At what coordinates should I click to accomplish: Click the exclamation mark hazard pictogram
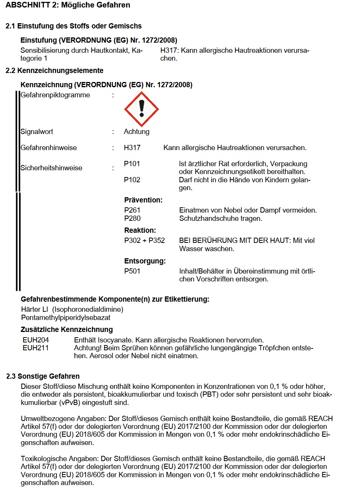[x=141, y=109]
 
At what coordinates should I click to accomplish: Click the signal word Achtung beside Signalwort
[x=137, y=132]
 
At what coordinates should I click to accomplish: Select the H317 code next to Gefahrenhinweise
[x=132, y=148]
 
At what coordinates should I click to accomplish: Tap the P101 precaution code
[x=132, y=164]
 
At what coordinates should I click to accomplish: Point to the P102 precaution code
[x=132, y=180]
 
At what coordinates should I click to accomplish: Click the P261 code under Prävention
[x=132, y=210]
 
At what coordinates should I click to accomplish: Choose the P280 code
[x=132, y=219]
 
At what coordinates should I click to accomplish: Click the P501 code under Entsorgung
[x=132, y=271]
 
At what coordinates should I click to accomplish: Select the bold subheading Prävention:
[x=143, y=200]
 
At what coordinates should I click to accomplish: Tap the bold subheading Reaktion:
[x=140, y=231]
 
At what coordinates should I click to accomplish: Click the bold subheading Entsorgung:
[x=145, y=261]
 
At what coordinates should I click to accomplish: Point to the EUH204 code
[x=36, y=340]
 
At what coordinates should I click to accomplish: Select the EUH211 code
[x=36, y=348]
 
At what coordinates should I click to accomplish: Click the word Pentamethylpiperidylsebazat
[x=66, y=318]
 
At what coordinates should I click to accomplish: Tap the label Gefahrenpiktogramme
[x=55, y=95]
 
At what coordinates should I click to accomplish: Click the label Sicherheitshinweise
[x=51, y=168]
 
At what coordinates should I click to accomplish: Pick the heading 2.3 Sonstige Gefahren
[x=43, y=376]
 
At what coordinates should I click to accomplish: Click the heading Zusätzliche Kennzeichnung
[x=67, y=330]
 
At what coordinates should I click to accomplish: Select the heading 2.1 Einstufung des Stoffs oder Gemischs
[x=74, y=26]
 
